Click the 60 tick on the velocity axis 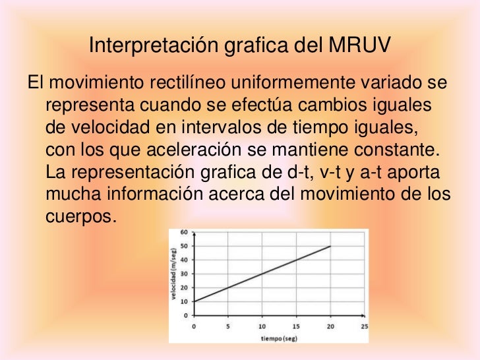185,232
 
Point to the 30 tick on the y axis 185,274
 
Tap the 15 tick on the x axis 296,325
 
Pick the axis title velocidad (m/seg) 174,274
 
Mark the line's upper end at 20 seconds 330,246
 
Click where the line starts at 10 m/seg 194,301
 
